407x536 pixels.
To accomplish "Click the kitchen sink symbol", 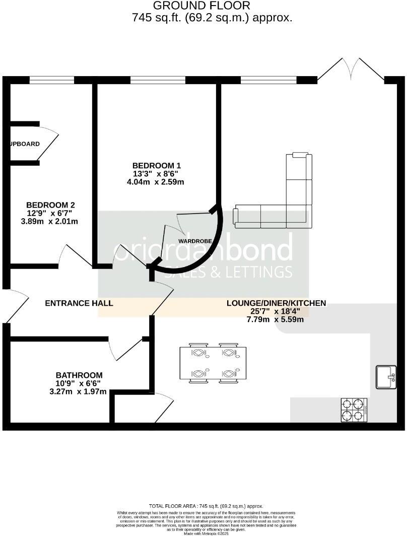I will coord(386,377).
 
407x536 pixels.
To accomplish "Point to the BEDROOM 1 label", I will coord(156,165).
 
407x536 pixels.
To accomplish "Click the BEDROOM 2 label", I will coord(50,205).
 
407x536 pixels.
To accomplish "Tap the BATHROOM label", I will coord(79,375).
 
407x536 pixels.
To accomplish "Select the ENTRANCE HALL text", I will coord(79,303).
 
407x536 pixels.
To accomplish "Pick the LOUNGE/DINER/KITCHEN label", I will coord(276,303).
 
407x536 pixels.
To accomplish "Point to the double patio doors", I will coord(351,71).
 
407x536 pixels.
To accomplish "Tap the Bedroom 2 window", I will coord(51,80).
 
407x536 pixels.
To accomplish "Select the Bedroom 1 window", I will coord(157,80).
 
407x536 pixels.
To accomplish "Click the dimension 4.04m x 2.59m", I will coord(155,182).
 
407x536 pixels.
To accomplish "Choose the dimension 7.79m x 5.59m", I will coord(276,319).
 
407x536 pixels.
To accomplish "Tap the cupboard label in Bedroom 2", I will coord(24,144).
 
